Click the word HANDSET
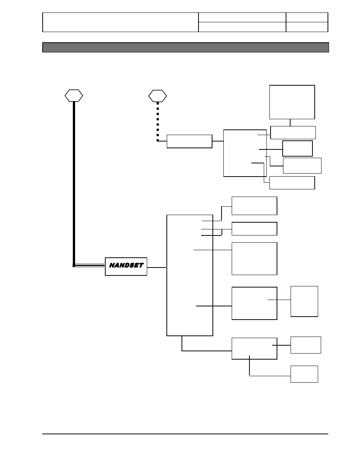coord(126,265)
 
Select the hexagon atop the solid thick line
coord(74,95)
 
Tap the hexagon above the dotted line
coord(158,96)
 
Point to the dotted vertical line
coord(158,121)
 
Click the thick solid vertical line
coord(74,184)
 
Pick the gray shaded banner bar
coord(186,48)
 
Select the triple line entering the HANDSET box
coord(89,265)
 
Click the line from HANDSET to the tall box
coord(157,268)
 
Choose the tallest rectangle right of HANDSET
coord(190,275)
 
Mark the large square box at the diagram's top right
coord(292,102)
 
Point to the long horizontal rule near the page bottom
coord(185,434)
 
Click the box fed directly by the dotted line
coord(189,141)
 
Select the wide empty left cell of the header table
coord(120,22)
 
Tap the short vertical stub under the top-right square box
coord(290,123)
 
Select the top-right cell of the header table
coord(307,17)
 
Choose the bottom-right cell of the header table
coord(307,27)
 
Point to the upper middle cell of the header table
coord(242,17)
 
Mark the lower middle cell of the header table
coord(242,27)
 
